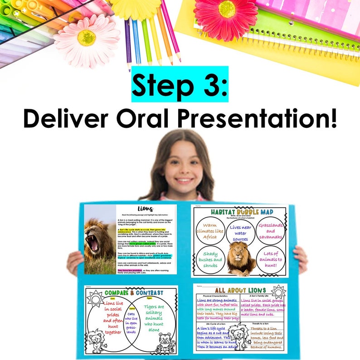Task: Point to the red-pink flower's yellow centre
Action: (227, 9)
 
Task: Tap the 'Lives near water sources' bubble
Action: (240, 233)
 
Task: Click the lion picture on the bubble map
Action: (240, 259)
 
